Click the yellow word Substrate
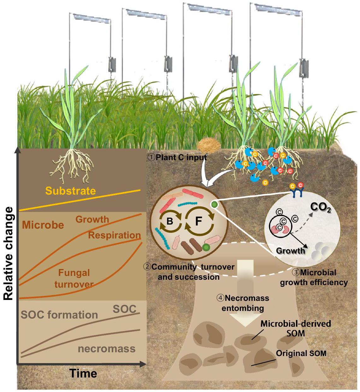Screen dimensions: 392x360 pos(70,191)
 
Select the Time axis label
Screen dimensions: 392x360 pos(83,373)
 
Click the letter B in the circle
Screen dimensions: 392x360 pos(170,221)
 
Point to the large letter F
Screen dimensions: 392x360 pos(198,221)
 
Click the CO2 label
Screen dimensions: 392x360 pos(321,207)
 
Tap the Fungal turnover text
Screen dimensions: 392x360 pos(74,278)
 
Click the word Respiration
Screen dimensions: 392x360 pos(114,235)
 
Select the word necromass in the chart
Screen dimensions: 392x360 pos(107,349)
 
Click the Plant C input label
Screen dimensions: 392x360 pos(177,157)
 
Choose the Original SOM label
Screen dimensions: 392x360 pos(301,353)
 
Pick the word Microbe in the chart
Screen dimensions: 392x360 pos(43,225)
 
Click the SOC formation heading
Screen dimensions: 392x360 pos(59,315)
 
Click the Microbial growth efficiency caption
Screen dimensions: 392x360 pos(314,278)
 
